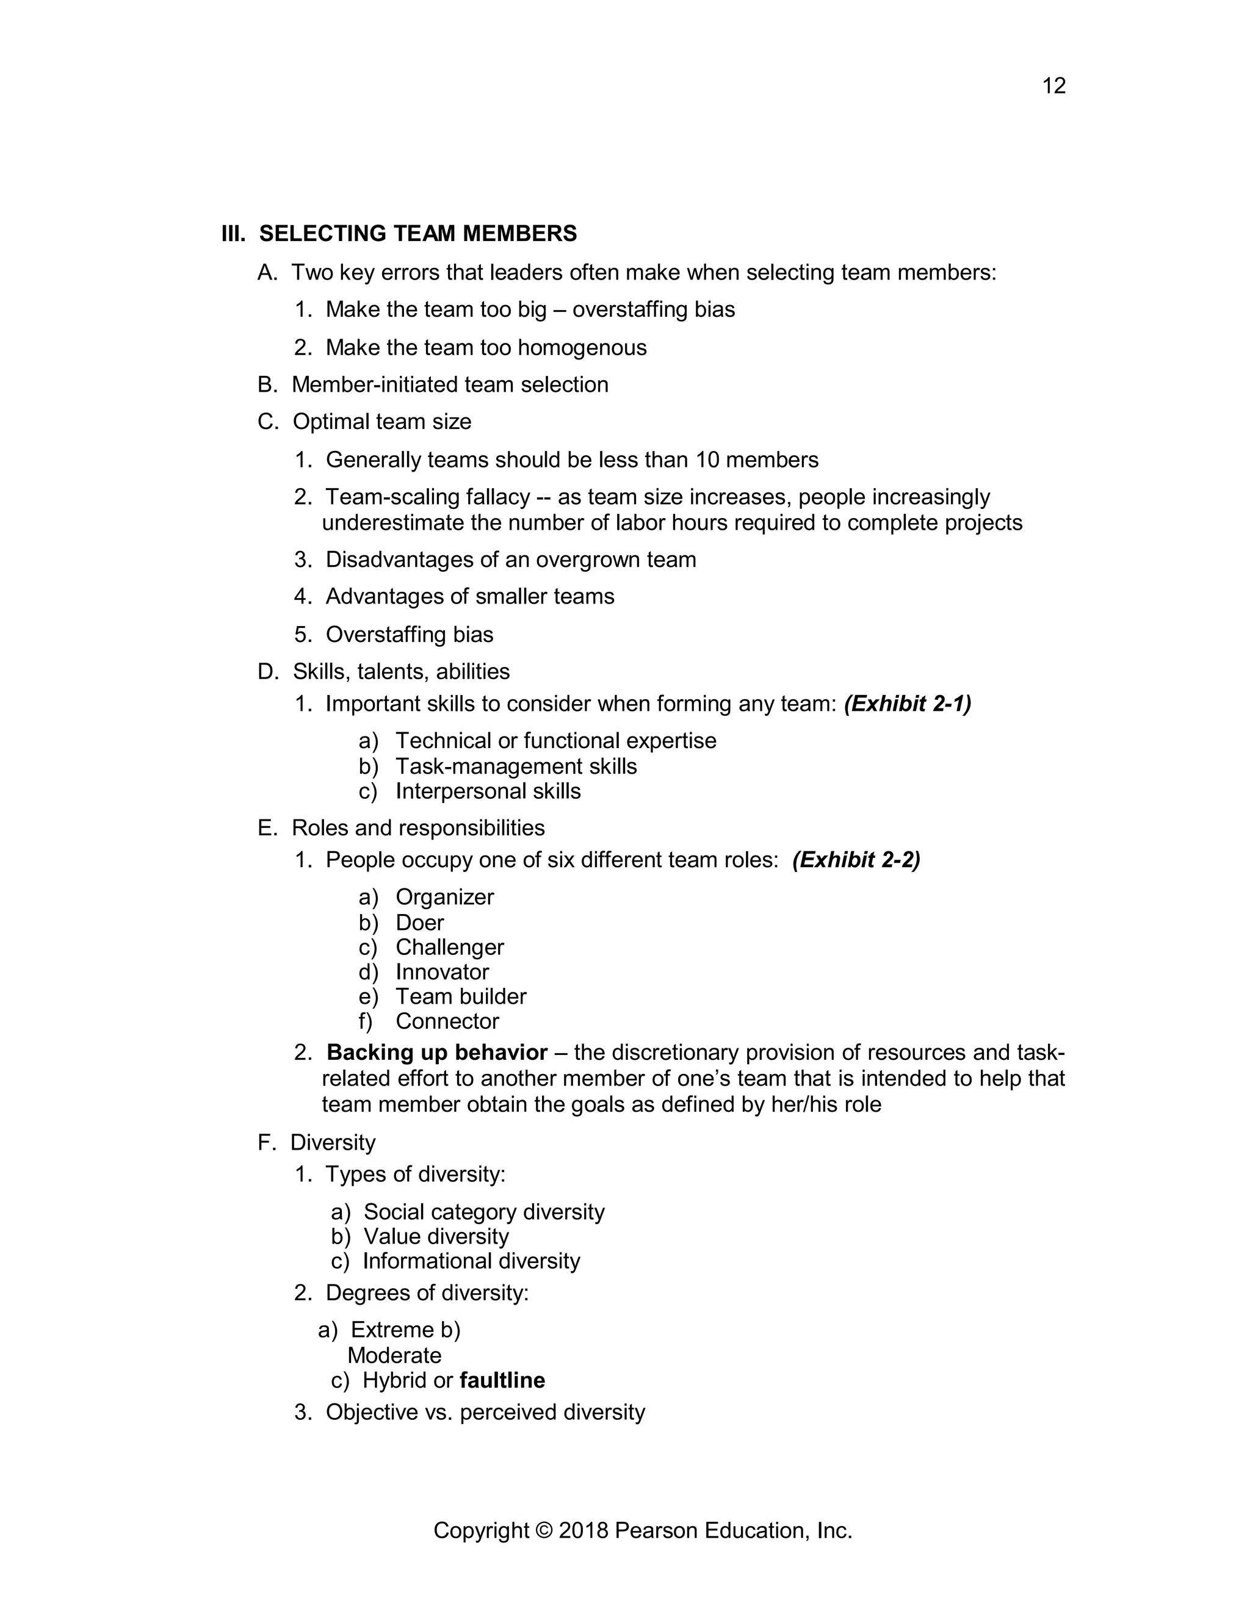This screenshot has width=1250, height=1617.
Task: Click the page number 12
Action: coord(1053,86)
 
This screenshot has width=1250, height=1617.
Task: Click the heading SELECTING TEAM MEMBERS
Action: coord(417,233)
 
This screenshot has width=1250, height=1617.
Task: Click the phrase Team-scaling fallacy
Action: coord(427,497)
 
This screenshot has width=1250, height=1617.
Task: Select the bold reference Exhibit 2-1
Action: coord(907,704)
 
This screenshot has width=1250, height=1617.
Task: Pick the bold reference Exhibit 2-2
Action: coord(856,860)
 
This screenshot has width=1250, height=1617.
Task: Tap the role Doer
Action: coord(420,923)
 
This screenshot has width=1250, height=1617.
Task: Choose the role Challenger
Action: coord(449,947)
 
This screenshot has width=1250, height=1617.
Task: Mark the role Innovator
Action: coord(442,971)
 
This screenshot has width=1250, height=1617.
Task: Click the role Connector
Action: coord(447,1021)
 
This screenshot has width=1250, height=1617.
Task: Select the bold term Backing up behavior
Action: coord(437,1052)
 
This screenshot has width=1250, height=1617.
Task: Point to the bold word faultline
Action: coord(502,1380)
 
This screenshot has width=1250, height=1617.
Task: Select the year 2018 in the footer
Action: coord(583,1530)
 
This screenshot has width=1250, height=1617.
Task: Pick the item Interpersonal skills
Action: coord(488,791)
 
